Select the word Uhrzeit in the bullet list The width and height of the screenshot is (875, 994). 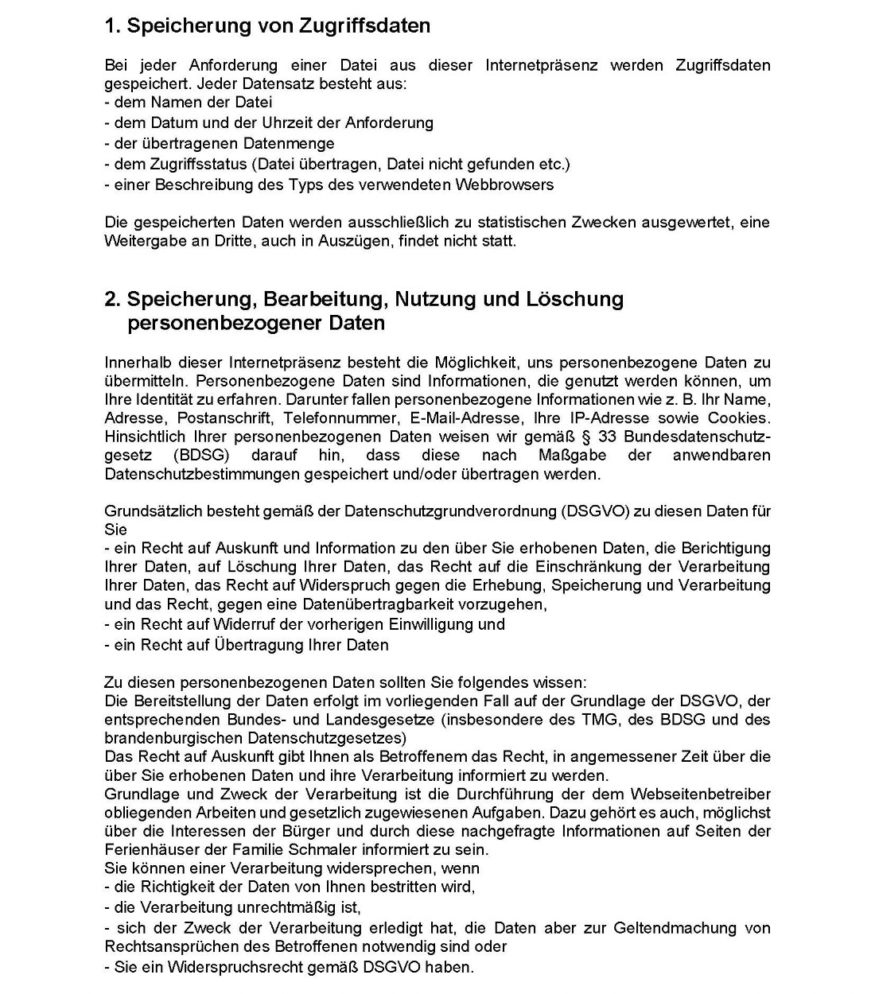click(288, 122)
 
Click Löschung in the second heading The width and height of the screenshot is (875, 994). click(574, 299)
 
